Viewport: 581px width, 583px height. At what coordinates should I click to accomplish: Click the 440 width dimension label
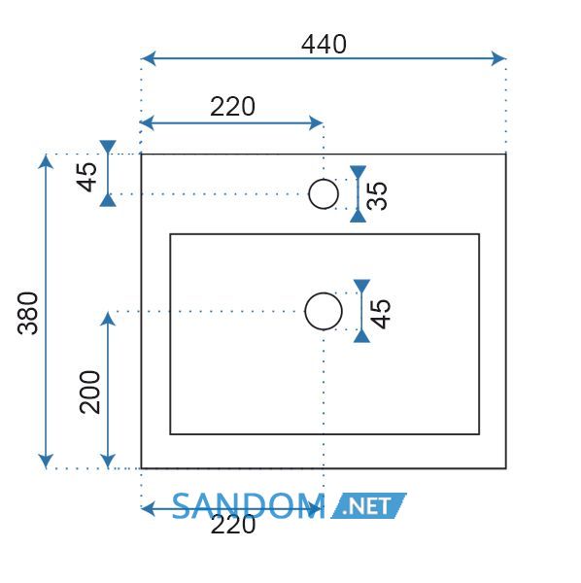[324, 45]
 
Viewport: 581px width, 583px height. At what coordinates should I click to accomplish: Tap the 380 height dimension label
[28, 313]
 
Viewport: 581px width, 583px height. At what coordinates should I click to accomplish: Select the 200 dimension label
[90, 392]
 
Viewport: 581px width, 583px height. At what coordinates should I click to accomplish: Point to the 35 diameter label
[377, 195]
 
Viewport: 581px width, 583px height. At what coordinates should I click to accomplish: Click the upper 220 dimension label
[233, 107]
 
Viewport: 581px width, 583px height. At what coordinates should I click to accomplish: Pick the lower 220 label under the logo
[233, 525]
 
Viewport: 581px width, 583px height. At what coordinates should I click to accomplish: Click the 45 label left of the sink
[86, 177]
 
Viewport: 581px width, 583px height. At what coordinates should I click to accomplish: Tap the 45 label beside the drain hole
[381, 314]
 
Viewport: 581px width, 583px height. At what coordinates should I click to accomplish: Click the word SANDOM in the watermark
[249, 505]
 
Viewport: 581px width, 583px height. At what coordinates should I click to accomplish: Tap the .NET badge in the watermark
[369, 505]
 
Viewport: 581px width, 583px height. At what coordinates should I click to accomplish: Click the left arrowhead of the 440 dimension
[149, 58]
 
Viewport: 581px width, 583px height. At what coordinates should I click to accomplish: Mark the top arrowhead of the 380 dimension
[46, 161]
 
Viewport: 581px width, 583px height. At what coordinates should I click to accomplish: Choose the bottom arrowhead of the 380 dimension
[46, 461]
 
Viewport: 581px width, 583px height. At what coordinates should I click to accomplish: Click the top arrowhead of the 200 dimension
[108, 319]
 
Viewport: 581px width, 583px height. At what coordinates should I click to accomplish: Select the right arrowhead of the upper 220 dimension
[316, 123]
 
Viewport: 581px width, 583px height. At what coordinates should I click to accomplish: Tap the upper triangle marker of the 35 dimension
[358, 172]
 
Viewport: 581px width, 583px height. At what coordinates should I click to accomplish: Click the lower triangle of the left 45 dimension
[108, 200]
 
